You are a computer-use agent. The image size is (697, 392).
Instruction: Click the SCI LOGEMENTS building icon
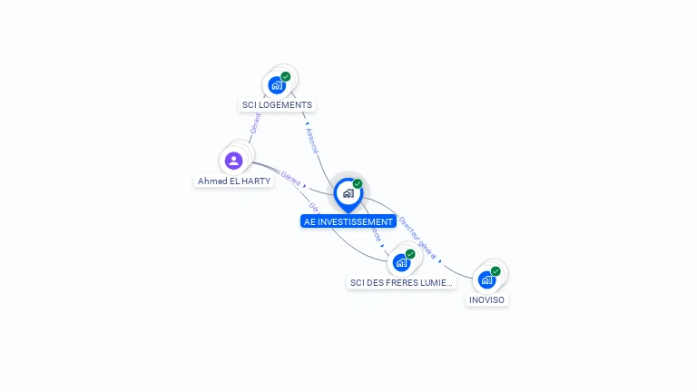[x=277, y=85]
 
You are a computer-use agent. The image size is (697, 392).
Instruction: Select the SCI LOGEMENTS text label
[x=277, y=105]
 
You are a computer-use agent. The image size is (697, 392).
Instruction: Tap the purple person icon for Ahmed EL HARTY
[x=234, y=161]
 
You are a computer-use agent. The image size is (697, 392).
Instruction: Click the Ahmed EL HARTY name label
[x=234, y=181]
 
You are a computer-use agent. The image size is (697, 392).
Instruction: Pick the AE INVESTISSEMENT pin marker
[x=348, y=193]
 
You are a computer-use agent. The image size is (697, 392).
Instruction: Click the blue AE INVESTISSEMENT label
[x=348, y=221]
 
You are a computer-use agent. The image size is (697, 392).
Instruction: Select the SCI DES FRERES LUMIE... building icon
[x=401, y=263]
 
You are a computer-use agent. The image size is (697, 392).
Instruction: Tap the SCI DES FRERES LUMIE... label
[x=401, y=283]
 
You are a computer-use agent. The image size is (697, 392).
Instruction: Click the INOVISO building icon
[x=486, y=280]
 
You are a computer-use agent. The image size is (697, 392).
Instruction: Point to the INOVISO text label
[x=487, y=300]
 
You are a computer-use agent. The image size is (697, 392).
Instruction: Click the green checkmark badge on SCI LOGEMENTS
[x=286, y=77]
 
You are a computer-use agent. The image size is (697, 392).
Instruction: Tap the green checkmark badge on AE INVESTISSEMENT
[x=358, y=184]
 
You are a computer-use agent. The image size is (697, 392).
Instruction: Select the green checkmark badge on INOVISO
[x=496, y=271]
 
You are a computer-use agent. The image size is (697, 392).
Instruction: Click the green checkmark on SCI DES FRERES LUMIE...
[x=410, y=254]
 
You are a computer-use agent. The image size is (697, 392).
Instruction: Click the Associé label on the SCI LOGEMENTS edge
[x=312, y=141]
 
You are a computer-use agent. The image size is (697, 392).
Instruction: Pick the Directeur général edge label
[x=418, y=239]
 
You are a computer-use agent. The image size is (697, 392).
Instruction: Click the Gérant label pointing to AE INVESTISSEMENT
[x=290, y=179]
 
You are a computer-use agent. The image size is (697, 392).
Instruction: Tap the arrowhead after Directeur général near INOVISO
[x=441, y=262]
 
